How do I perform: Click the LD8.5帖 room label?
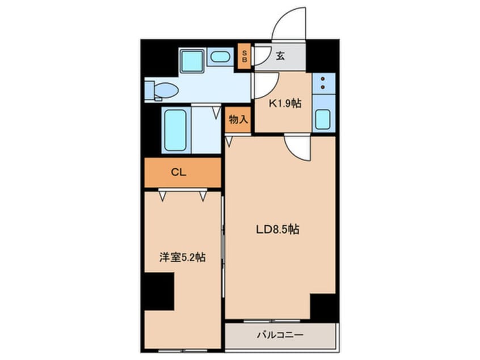click(277, 229)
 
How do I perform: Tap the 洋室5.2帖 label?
click(182, 257)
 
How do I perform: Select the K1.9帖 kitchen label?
click(285, 103)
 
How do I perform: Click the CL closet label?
click(179, 173)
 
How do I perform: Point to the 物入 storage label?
click(238, 119)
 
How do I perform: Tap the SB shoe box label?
click(245, 56)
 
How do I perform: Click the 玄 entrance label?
click(280, 56)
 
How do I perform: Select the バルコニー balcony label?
click(280, 335)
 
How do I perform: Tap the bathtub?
click(175, 130)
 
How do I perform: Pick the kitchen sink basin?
click(323, 119)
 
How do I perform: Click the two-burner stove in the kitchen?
click(323, 83)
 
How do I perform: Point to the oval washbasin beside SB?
click(220, 57)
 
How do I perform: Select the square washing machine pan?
click(192, 61)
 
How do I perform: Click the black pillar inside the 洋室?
click(159, 291)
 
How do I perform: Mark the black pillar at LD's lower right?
click(323, 307)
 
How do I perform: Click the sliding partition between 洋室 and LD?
click(223, 247)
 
